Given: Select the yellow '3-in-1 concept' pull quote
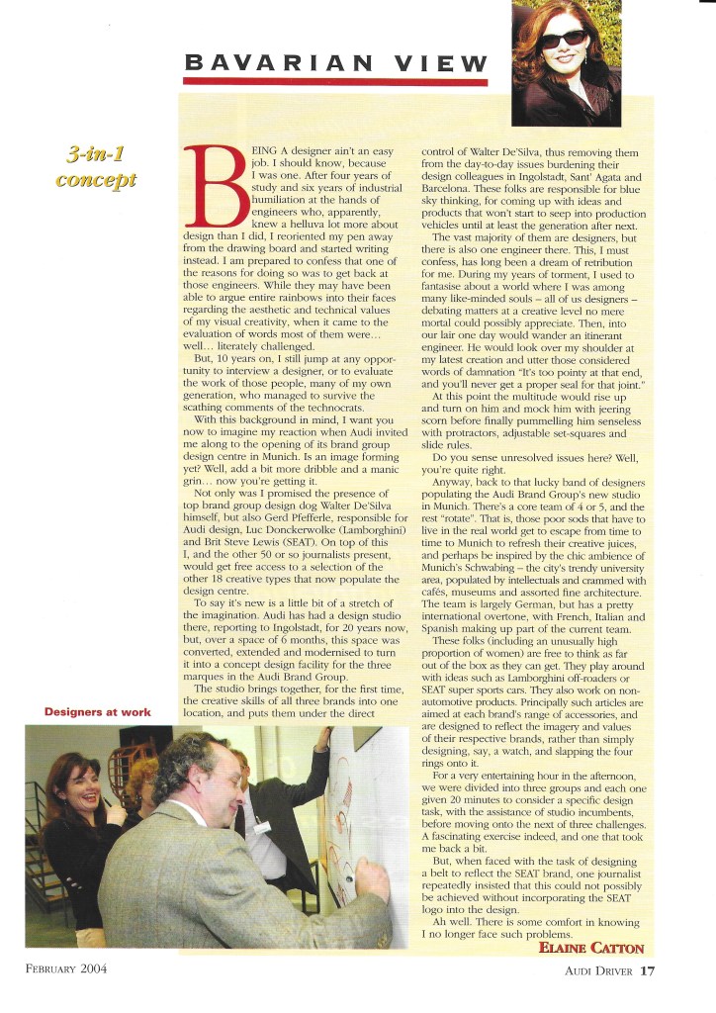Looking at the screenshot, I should tap(101, 167).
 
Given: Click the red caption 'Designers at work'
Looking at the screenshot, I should tap(96, 712).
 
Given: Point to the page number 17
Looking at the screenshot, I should tap(647, 970).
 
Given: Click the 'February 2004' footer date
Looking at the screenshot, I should tap(66, 968).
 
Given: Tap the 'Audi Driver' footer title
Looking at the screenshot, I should tap(592, 970).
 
